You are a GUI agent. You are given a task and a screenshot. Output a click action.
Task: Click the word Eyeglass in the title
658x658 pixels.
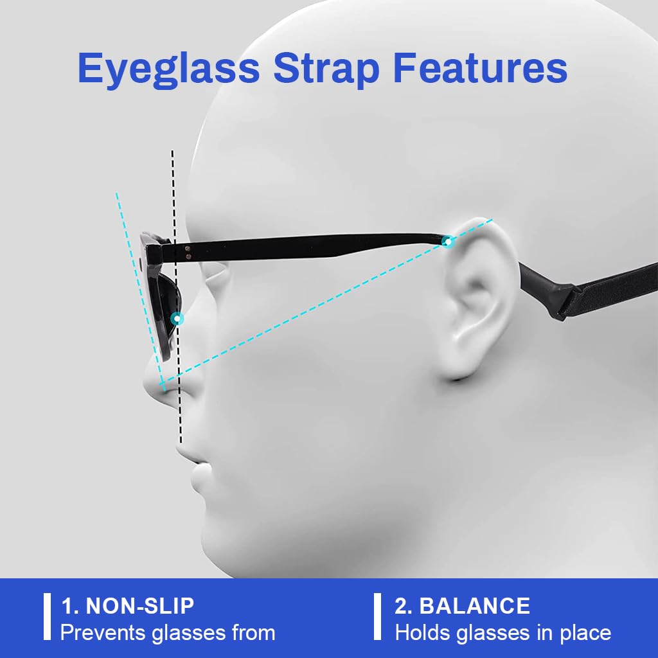tap(168, 68)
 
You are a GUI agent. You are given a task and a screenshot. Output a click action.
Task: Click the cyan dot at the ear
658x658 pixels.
tap(447, 242)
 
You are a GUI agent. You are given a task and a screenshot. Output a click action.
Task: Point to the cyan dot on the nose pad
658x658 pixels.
tap(177, 318)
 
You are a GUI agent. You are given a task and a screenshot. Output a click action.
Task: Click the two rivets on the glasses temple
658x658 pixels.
tap(187, 252)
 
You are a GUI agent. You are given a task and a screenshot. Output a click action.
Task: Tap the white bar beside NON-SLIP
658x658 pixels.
tap(47, 617)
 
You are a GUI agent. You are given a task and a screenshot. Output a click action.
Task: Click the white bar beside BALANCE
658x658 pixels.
tap(378, 617)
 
